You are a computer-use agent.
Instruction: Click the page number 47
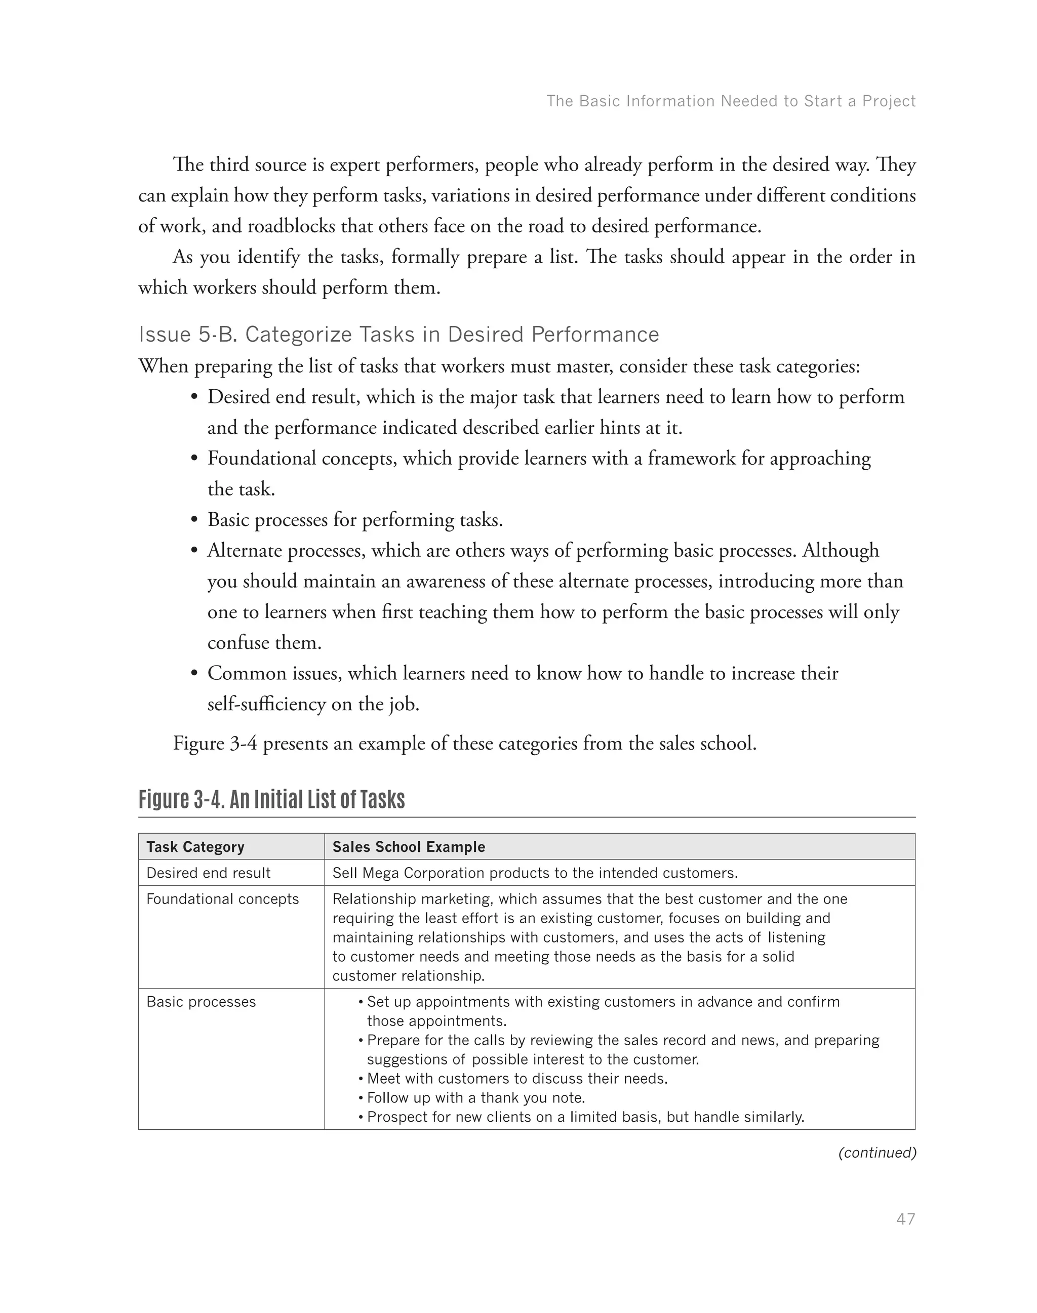click(x=905, y=1219)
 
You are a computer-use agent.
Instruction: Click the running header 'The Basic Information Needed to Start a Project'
click(x=730, y=101)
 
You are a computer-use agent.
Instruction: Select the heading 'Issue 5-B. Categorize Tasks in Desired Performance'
click(x=398, y=335)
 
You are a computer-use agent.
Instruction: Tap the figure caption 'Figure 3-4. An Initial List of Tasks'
click(x=271, y=799)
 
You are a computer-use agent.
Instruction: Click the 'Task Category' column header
click(x=195, y=847)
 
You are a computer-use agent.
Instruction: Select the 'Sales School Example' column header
click(x=409, y=847)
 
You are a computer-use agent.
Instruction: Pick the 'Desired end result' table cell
click(x=208, y=873)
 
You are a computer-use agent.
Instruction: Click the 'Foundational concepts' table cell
click(x=222, y=899)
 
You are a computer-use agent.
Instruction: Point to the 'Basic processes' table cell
click(x=201, y=1002)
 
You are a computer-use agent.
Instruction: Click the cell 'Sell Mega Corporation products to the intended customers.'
click(x=535, y=873)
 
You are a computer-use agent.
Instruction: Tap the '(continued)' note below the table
click(x=876, y=1153)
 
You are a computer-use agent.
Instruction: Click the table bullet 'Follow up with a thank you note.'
click(x=475, y=1097)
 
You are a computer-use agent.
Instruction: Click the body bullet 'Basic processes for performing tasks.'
click(x=355, y=520)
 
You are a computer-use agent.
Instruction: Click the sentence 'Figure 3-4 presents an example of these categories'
click(x=464, y=743)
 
